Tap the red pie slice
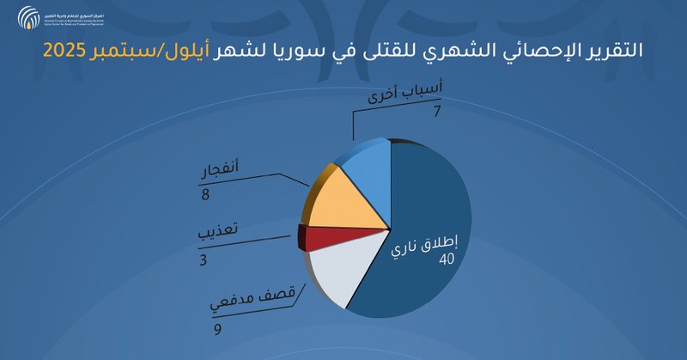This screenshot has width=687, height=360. (x=325, y=237)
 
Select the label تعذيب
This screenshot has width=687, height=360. (x=221, y=235)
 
